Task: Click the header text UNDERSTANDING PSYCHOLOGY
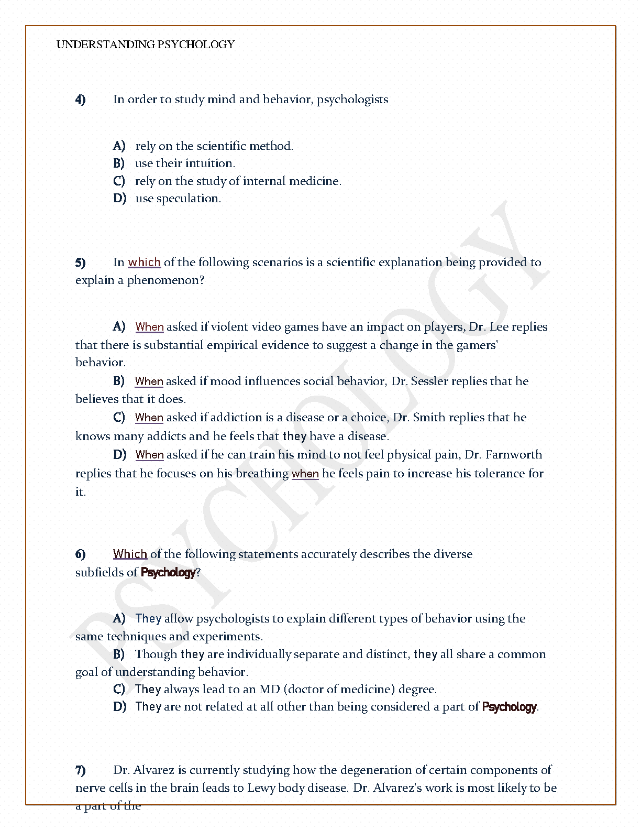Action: tap(146, 45)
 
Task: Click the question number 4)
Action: tap(81, 100)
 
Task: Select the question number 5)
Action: tap(81, 263)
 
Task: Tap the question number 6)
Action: tap(81, 554)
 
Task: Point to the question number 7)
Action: tap(81, 770)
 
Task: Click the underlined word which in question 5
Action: tap(144, 263)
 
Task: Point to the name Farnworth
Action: tap(517, 455)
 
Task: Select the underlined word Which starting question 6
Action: tap(130, 554)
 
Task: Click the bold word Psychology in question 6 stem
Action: tap(168, 573)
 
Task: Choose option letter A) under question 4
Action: tap(119, 146)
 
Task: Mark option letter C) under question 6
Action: tap(119, 690)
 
